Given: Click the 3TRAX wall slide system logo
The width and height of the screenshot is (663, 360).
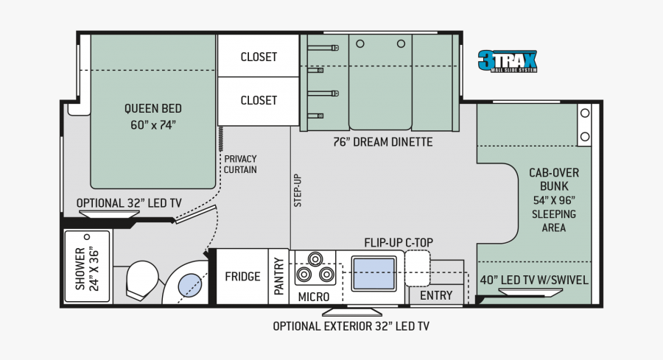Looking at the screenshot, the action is pos(508,61).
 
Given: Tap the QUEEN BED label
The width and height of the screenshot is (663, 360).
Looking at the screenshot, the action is pos(153,109).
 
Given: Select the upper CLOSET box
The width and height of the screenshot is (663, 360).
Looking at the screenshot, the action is pos(259,56).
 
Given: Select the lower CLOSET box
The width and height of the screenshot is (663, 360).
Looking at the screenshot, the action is pos(259,102).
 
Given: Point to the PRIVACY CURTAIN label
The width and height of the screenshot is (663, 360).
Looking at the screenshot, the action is pos(240,164).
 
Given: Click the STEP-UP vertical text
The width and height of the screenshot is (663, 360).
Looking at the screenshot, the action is pos(298,191).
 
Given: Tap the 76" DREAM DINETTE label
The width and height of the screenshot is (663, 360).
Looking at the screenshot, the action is pos(382,142).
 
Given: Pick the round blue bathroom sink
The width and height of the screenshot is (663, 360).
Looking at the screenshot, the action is pos(190,285).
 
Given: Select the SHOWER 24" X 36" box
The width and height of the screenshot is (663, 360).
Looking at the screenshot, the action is pos(88,267).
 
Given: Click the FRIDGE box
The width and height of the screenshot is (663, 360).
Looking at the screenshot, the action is pos(242,276).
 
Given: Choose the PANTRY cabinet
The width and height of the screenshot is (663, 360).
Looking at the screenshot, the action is pos(278,276).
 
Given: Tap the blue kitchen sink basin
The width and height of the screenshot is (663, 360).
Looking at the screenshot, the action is pos(373,274).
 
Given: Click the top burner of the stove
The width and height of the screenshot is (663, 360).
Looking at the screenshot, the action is pos(315,258).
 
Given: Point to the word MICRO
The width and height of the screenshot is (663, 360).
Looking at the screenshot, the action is pos(314,297).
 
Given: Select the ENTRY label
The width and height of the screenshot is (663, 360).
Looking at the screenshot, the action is pos(436,295).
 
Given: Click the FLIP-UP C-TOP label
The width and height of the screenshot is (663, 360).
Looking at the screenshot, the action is pos(399,242).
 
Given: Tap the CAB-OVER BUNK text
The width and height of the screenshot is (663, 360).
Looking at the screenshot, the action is pos(554,179).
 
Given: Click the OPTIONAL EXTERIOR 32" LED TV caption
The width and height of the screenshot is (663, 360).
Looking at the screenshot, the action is pos(351,326).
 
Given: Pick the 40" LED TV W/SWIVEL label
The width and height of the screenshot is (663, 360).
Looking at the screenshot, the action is pos(534,280).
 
